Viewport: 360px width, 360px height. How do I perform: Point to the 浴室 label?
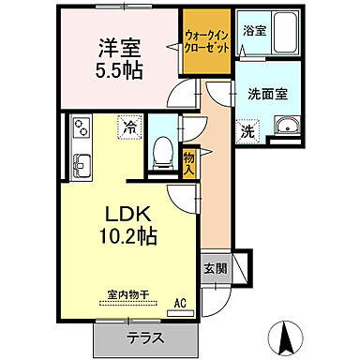(x=254, y=31)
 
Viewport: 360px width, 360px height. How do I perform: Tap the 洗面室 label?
(x=266, y=95)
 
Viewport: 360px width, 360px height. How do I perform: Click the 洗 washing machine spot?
(x=247, y=133)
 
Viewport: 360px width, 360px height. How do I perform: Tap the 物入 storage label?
(x=188, y=165)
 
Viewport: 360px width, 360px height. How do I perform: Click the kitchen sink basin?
(x=78, y=168)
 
